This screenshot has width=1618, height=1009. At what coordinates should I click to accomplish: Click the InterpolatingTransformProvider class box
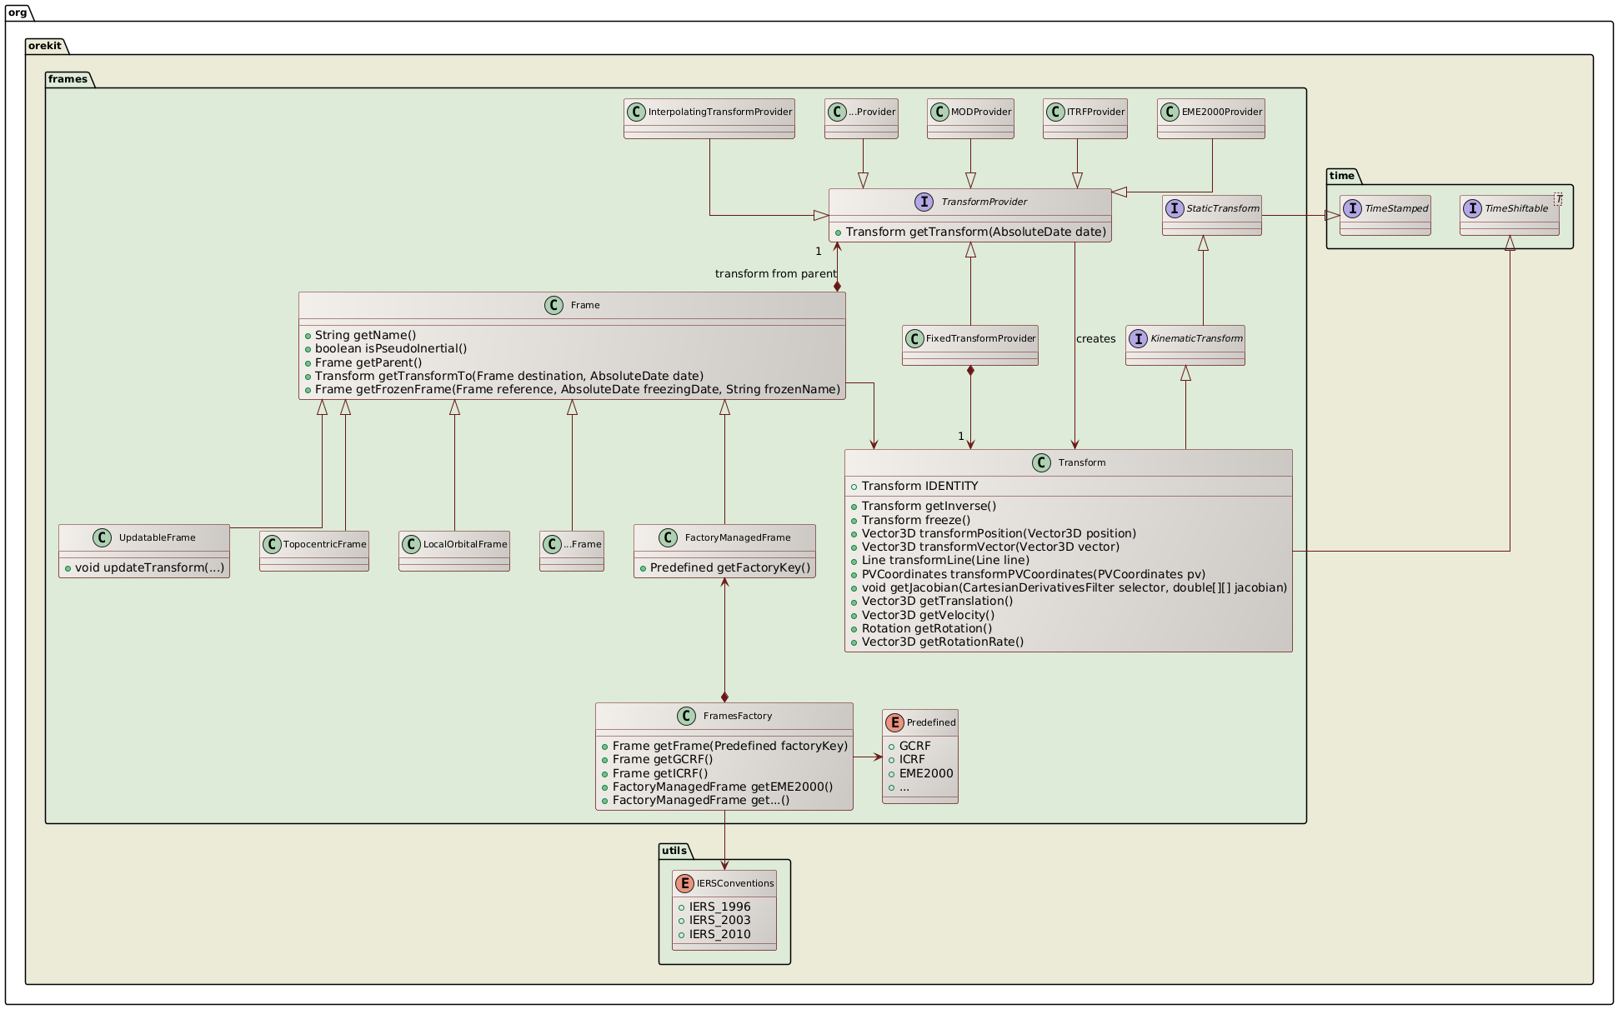click(709, 117)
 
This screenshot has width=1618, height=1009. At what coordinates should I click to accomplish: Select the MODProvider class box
click(970, 117)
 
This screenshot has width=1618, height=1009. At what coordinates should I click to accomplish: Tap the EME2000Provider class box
click(1211, 117)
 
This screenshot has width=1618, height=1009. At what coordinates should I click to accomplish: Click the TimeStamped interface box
click(1385, 215)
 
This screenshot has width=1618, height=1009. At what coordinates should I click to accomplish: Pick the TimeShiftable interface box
click(1509, 215)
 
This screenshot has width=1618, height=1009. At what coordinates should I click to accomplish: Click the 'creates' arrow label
click(1095, 339)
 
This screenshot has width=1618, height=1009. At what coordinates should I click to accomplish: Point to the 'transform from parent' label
click(775, 274)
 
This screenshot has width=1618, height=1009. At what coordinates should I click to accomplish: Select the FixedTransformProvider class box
click(970, 345)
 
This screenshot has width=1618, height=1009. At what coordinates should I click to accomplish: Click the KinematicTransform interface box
click(1185, 345)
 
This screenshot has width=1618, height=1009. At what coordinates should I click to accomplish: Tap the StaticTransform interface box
click(1211, 215)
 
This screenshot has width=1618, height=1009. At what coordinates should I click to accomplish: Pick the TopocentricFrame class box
click(314, 550)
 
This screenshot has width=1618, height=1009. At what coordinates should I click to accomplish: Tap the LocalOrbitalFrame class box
click(454, 550)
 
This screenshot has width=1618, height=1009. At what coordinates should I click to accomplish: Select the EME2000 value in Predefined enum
click(925, 773)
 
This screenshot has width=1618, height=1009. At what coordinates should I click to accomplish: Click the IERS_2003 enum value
click(719, 920)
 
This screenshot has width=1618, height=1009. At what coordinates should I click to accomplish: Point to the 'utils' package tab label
click(674, 851)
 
